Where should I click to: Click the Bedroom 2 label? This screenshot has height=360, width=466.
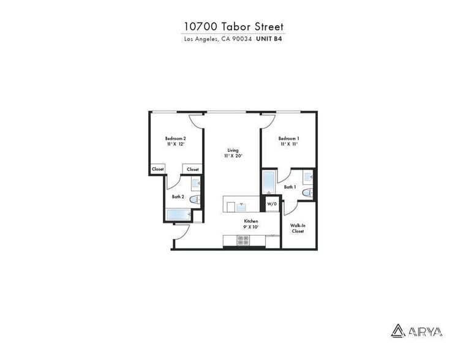[176, 138]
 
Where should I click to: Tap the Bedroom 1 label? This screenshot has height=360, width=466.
[289, 138]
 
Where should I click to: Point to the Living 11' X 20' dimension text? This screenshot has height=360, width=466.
[233, 156]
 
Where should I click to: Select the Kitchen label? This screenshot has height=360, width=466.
[252, 221]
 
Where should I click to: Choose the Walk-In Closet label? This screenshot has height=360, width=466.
[298, 228]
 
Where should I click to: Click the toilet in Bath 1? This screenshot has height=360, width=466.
[308, 194]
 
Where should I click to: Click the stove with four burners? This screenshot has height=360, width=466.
[244, 241]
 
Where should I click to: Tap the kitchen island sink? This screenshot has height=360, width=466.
[241, 204]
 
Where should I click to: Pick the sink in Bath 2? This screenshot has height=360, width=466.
[196, 182]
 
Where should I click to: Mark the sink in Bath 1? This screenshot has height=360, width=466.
[309, 177]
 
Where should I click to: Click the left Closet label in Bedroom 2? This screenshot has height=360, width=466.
[158, 169]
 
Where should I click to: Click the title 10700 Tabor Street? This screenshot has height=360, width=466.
[234, 26]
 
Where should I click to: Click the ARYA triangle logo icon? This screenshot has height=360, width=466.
[397, 331]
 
